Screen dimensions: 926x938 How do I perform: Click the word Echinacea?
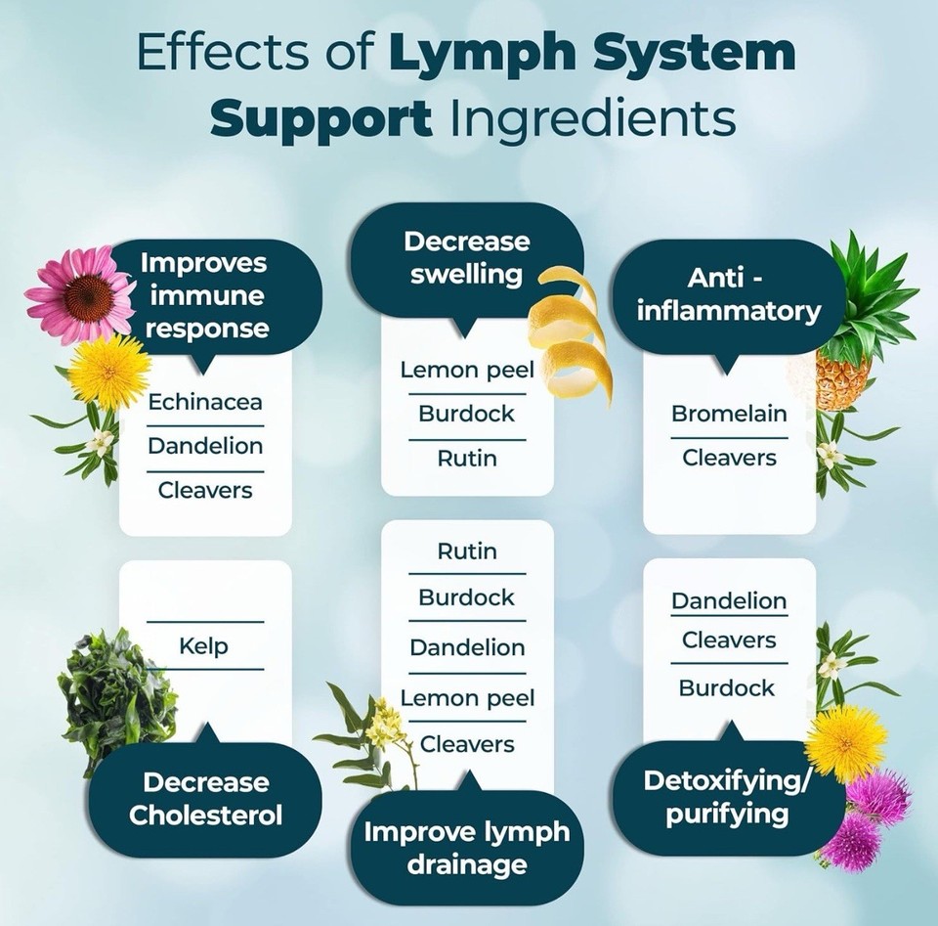[x=205, y=401]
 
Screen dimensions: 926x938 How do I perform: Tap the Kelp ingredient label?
[x=204, y=645]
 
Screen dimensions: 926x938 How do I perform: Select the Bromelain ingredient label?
[x=729, y=413]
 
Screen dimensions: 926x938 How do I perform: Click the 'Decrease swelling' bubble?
[x=466, y=258]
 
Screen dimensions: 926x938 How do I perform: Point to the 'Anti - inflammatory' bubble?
[x=728, y=295]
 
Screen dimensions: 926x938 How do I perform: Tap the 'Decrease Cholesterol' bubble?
[x=205, y=799]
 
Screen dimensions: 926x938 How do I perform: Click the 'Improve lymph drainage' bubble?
[x=466, y=848]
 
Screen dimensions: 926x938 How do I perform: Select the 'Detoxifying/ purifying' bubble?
[x=728, y=797]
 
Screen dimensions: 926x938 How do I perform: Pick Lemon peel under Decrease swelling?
[x=466, y=370]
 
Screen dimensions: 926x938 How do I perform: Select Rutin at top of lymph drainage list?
[x=466, y=551]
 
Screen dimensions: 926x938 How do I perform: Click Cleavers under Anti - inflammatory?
[x=729, y=458]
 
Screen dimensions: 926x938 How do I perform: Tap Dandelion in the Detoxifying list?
[x=729, y=600]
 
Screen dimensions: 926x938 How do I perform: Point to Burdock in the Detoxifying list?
[x=728, y=687]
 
